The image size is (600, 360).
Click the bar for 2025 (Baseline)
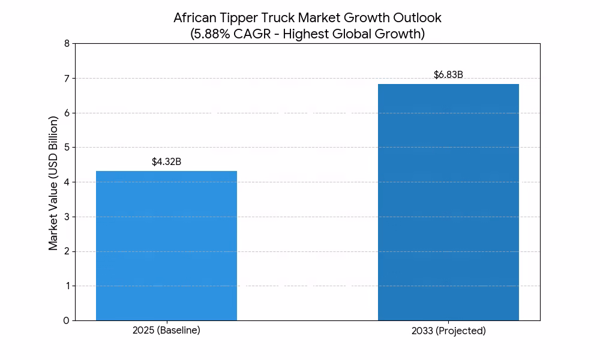[x=166, y=245]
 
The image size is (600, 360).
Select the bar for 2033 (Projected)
[x=448, y=202]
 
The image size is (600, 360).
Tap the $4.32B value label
[x=166, y=162]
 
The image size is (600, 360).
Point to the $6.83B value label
[x=448, y=75]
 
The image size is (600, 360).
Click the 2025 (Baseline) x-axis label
[x=166, y=331]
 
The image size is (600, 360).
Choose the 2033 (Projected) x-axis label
[x=448, y=331]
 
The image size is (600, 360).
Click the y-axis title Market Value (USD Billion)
[x=54, y=182]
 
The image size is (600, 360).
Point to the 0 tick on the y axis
[x=67, y=321]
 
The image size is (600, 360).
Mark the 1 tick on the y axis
[x=67, y=286]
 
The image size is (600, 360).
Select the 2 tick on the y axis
[x=67, y=251]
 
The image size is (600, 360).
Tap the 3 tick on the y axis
[x=67, y=217]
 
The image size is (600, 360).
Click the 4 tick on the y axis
[x=67, y=182]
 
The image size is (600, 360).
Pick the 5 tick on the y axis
[x=67, y=148]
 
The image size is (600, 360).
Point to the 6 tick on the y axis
[x=67, y=113]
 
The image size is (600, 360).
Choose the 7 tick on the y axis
[x=67, y=78]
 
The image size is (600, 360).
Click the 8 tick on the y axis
[x=67, y=44]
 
